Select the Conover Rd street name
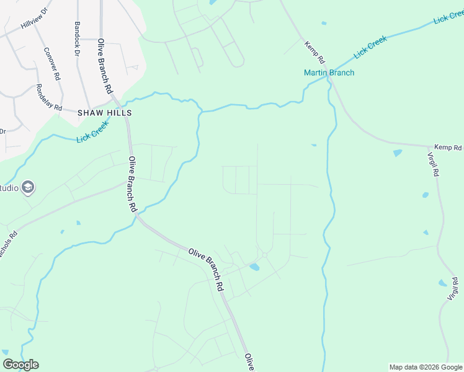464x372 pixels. [x=53, y=64]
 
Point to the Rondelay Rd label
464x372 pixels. [x=49, y=98]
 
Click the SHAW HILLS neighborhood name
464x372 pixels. [x=104, y=113]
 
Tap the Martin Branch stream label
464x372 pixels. [x=329, y=73]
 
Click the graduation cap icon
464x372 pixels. [x=28, y=187]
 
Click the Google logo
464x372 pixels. [x=20, y=365]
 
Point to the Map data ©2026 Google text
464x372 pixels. [x=426, y=367]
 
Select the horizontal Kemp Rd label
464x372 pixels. [x=448, y=148]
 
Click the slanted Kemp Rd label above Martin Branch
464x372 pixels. [x=315, y=53]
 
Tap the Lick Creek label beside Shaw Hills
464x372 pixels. [x=92, y=131]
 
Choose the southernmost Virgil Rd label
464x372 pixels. [x=453, y=290]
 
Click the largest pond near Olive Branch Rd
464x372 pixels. [x=254, y=268]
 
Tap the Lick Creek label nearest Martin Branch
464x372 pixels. [x=370, y=48]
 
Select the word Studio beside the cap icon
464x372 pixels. [x=9, y=188]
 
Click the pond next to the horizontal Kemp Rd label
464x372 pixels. [x=397, y=153]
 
